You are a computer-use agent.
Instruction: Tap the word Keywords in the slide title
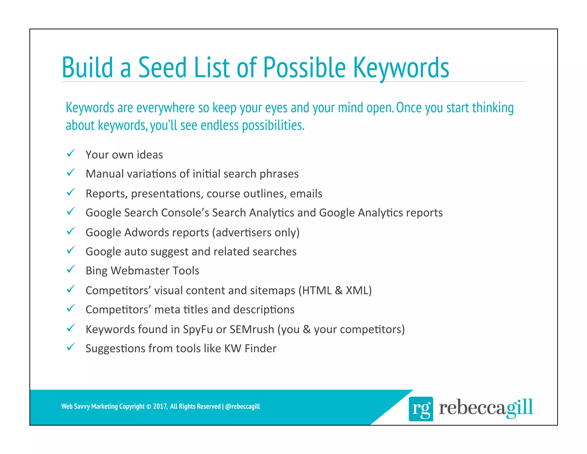[x=401, y=68]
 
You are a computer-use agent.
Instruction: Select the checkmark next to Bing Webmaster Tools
[x=71, y=269]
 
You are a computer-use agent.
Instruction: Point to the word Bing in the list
[x=96, y=271]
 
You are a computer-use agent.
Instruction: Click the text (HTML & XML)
[x=335, y=290]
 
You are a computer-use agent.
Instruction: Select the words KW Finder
[x=250, y=348]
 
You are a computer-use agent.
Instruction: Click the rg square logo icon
[x=420, y=409]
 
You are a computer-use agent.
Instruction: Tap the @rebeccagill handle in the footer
[x=242, y=406]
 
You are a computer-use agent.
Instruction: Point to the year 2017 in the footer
[x=160, y=406]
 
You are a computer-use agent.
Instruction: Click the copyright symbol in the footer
[x=148, y=407]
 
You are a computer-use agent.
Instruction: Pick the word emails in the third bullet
[x=306, y=194]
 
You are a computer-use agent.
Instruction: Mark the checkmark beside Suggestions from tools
[x=71, y=347]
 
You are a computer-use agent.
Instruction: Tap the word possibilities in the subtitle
[x=273, y=126]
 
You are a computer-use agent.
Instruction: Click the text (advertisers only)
[x=256, y=232]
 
